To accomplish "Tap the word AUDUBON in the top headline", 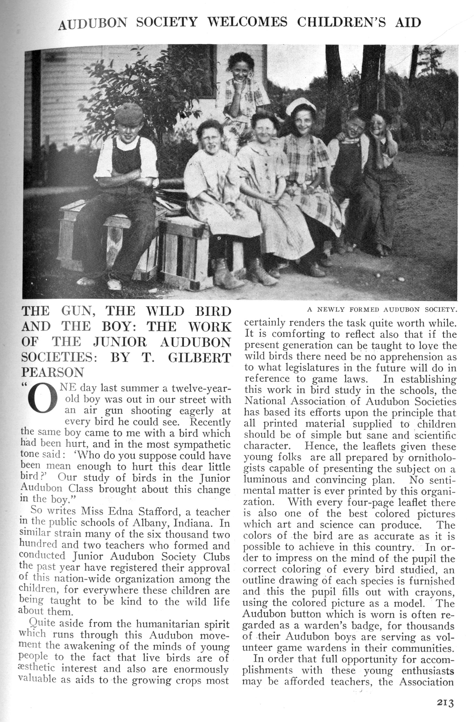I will coord(93,24).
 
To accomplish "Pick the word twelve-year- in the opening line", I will coord(202,389).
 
